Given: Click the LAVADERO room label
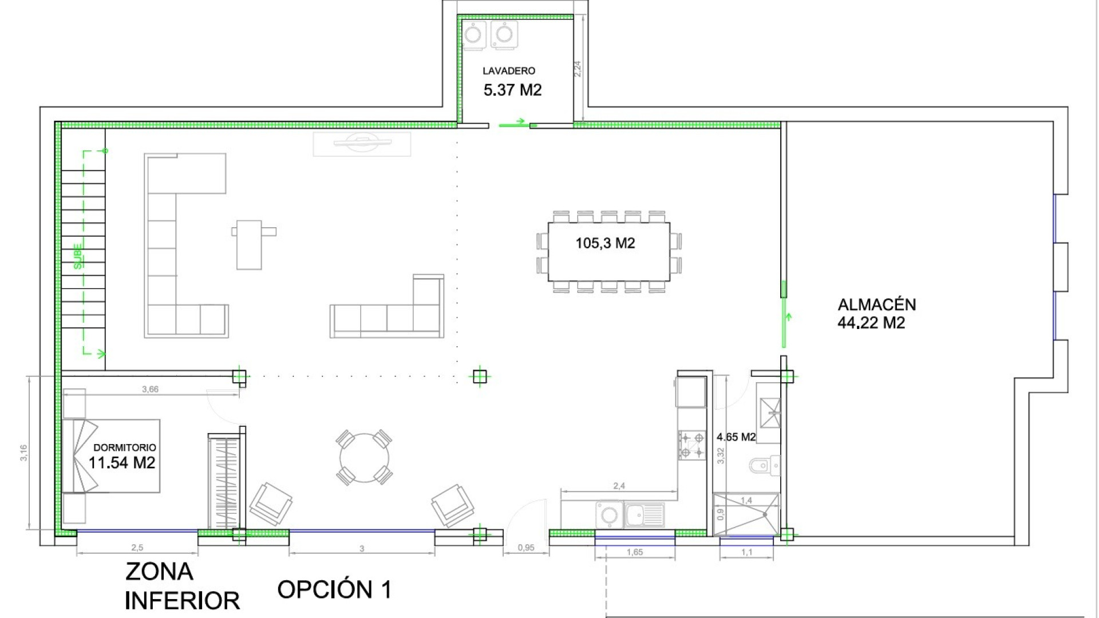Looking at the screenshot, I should [x=508, y=71].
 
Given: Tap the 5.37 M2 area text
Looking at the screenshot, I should [x=512, y=90].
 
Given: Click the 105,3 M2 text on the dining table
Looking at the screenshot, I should [x=605, y=243].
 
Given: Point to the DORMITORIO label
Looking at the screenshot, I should [x=124, y=447].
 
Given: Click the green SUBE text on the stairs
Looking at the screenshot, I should [x=78, y=256].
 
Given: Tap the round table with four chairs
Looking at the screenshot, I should [x=364, y=458].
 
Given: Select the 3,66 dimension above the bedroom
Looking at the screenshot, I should [x=150, y=389].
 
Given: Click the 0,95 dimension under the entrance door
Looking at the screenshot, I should [x=525, y=548].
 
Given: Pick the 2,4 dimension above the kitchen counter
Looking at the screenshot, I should [x=619, y=486].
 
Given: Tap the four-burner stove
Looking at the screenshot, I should [x=691, y=446].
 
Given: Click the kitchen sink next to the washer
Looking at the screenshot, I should [x=644, y=515].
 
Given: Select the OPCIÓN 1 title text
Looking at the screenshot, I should [x=334, y=589].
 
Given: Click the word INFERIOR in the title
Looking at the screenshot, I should [x=182, y=601].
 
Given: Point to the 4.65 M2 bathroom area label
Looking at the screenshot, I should [x=736, y=437].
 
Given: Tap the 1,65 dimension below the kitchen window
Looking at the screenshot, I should [x=634, y=552].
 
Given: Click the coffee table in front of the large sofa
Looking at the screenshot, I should [x=250, y=245].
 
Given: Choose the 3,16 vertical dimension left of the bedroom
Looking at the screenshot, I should [x=23, y=453].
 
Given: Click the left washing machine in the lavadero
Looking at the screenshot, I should [x=474, y=34].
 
